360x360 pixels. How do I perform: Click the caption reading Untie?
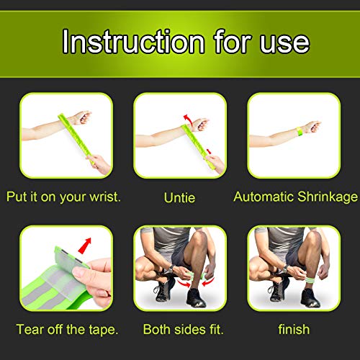pyautogui.click(x=179, y=196)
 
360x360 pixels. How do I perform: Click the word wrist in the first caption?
pyautogui.click(x=94, y=196)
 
